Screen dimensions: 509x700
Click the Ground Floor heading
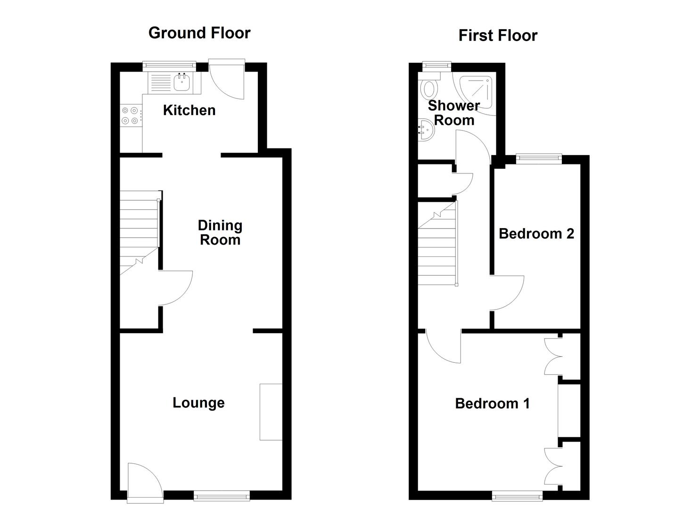[199, 33]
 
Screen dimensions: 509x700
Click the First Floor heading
[498, 36]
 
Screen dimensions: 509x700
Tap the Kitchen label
[189, 110]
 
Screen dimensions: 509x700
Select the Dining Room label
[220, 232]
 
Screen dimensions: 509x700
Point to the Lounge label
[198, 403]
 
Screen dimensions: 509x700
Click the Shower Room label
[453, 113]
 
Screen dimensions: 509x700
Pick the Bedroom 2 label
[536, 234]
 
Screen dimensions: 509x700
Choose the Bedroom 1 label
[492, 404]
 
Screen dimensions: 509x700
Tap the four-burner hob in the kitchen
[130, 115]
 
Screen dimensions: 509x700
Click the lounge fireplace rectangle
[271, 412]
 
